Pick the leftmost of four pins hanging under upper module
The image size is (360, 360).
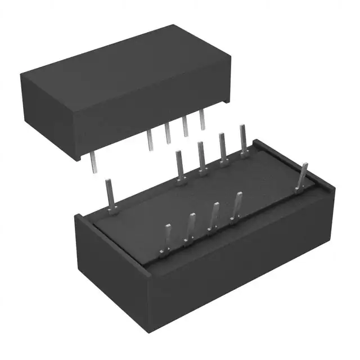coord(150,139)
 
